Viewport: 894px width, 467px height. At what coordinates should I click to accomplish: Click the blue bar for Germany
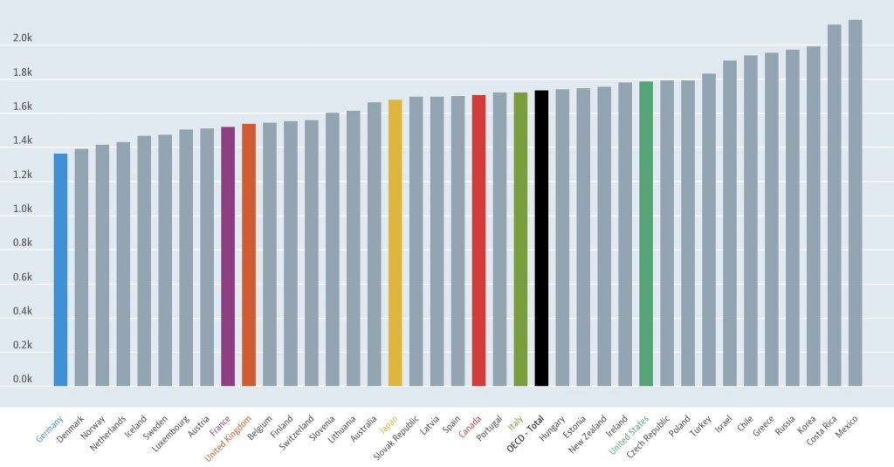[x=60, y=270]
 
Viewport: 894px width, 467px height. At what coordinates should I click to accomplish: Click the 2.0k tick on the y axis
[x=22, y=38]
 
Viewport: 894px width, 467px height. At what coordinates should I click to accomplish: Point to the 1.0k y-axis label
[x=22, y=209]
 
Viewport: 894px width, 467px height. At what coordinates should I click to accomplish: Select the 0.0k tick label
[x=22, y=380]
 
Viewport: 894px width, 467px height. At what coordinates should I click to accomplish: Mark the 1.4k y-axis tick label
[x=22, y=141]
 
